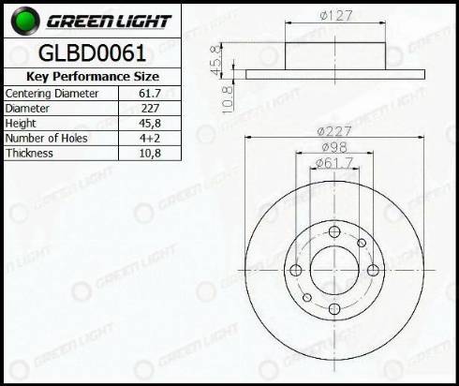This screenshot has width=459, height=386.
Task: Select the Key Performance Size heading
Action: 91,77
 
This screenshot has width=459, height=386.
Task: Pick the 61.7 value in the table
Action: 149,95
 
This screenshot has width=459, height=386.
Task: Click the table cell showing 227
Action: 149,109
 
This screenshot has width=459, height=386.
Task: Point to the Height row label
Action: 22,123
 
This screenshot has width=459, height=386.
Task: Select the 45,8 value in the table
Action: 149,123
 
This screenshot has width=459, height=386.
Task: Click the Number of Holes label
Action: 44,138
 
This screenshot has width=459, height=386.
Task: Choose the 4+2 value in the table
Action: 149,138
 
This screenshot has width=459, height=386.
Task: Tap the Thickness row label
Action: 29,152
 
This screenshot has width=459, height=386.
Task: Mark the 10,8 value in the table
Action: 149,152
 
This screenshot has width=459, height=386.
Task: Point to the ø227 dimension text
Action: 334,131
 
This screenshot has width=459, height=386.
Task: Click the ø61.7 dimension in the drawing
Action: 334,165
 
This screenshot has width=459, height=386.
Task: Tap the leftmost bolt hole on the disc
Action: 296,271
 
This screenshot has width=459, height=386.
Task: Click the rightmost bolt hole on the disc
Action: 373,271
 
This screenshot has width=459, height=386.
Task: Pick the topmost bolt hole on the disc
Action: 334,232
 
